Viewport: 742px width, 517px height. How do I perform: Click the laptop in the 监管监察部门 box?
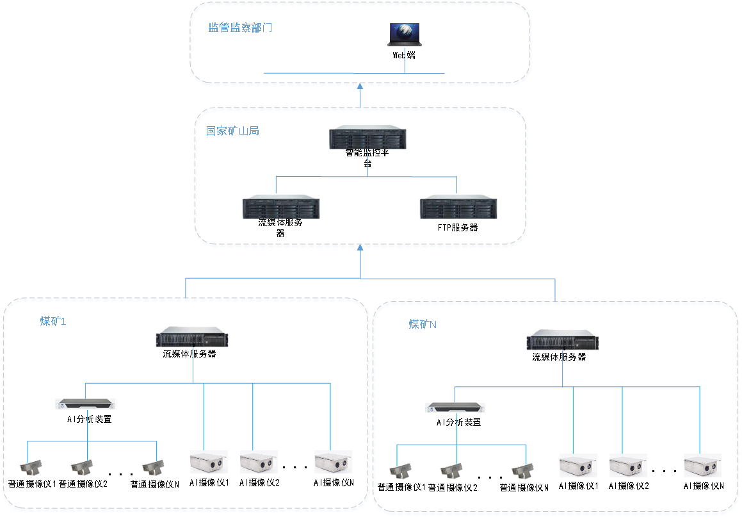(x=404, y=34)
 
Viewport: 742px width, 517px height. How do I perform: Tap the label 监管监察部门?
(x=241, y=28)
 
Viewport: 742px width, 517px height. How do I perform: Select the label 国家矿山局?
(x=232, y=131)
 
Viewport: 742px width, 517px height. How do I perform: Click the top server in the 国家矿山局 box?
(x=367, y=137)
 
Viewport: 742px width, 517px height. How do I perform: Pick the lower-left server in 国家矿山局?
(x=280, y=206)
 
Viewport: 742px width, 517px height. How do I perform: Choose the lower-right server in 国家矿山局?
(x=458, y=206)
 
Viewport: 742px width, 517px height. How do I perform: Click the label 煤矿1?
(x=53, y=321)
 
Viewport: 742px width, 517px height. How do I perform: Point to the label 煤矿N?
(x=423, y=324)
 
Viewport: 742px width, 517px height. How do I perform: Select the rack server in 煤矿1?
(x=192, y=337)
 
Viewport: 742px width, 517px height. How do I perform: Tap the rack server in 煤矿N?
(x=562, y=340)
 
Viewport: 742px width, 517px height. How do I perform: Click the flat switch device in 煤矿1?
(x=86, y=404)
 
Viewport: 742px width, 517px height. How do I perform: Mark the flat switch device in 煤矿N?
(x=455, y=407)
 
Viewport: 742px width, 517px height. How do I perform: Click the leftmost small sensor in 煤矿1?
(x=32, y=469)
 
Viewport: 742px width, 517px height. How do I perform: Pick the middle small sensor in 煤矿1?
(x=83, y=469)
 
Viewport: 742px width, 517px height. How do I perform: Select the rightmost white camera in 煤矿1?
(x=333, y=462)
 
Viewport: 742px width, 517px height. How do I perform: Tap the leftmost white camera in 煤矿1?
(x=209, y=462)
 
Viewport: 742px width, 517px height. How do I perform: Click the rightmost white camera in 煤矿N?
(x=702, y=465)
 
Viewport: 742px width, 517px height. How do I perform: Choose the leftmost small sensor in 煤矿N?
(x=401, y=472)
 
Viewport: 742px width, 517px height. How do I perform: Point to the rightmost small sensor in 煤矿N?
(x=523, y=472)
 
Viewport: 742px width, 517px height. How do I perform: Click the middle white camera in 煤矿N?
(x=628, y=465)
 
